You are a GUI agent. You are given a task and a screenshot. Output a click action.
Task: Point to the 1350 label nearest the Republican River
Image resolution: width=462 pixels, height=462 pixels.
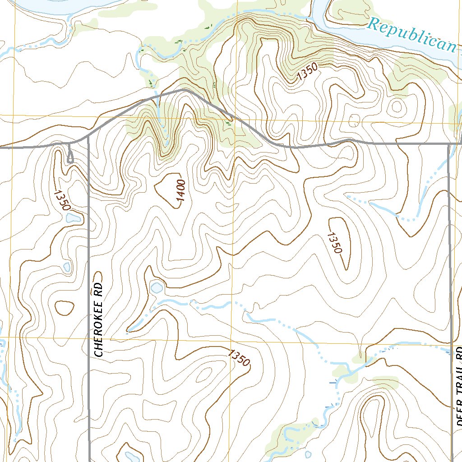(307, 72)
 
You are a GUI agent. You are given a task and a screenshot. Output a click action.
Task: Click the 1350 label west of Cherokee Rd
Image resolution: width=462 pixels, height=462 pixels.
(62, 200)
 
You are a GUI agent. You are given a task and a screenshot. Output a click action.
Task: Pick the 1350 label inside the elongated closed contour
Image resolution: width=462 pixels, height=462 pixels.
(335, 243)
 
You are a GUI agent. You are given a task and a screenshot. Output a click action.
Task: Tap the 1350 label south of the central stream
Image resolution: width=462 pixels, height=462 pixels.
(239, 358)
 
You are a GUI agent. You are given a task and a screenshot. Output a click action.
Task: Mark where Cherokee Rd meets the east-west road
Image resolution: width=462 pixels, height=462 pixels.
(88, 137)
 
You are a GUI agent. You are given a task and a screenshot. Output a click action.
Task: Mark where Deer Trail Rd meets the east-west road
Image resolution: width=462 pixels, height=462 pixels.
(449, 144)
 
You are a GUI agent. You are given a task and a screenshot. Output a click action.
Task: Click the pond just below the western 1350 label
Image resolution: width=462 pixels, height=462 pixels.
(73, 218)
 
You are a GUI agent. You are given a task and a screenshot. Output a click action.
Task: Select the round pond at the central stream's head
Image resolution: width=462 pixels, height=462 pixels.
(157, 287)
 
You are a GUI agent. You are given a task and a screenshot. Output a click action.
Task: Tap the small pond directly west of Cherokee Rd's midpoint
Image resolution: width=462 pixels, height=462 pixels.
(67, 267)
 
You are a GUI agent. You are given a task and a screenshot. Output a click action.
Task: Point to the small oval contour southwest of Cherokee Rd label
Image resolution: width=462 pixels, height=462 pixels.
(65, 308)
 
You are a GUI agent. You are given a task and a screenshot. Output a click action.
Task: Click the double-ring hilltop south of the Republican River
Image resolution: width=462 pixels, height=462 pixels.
(397, 107)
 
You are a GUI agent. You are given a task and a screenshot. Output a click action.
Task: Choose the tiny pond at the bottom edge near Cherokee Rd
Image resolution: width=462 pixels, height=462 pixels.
(130, 457)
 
